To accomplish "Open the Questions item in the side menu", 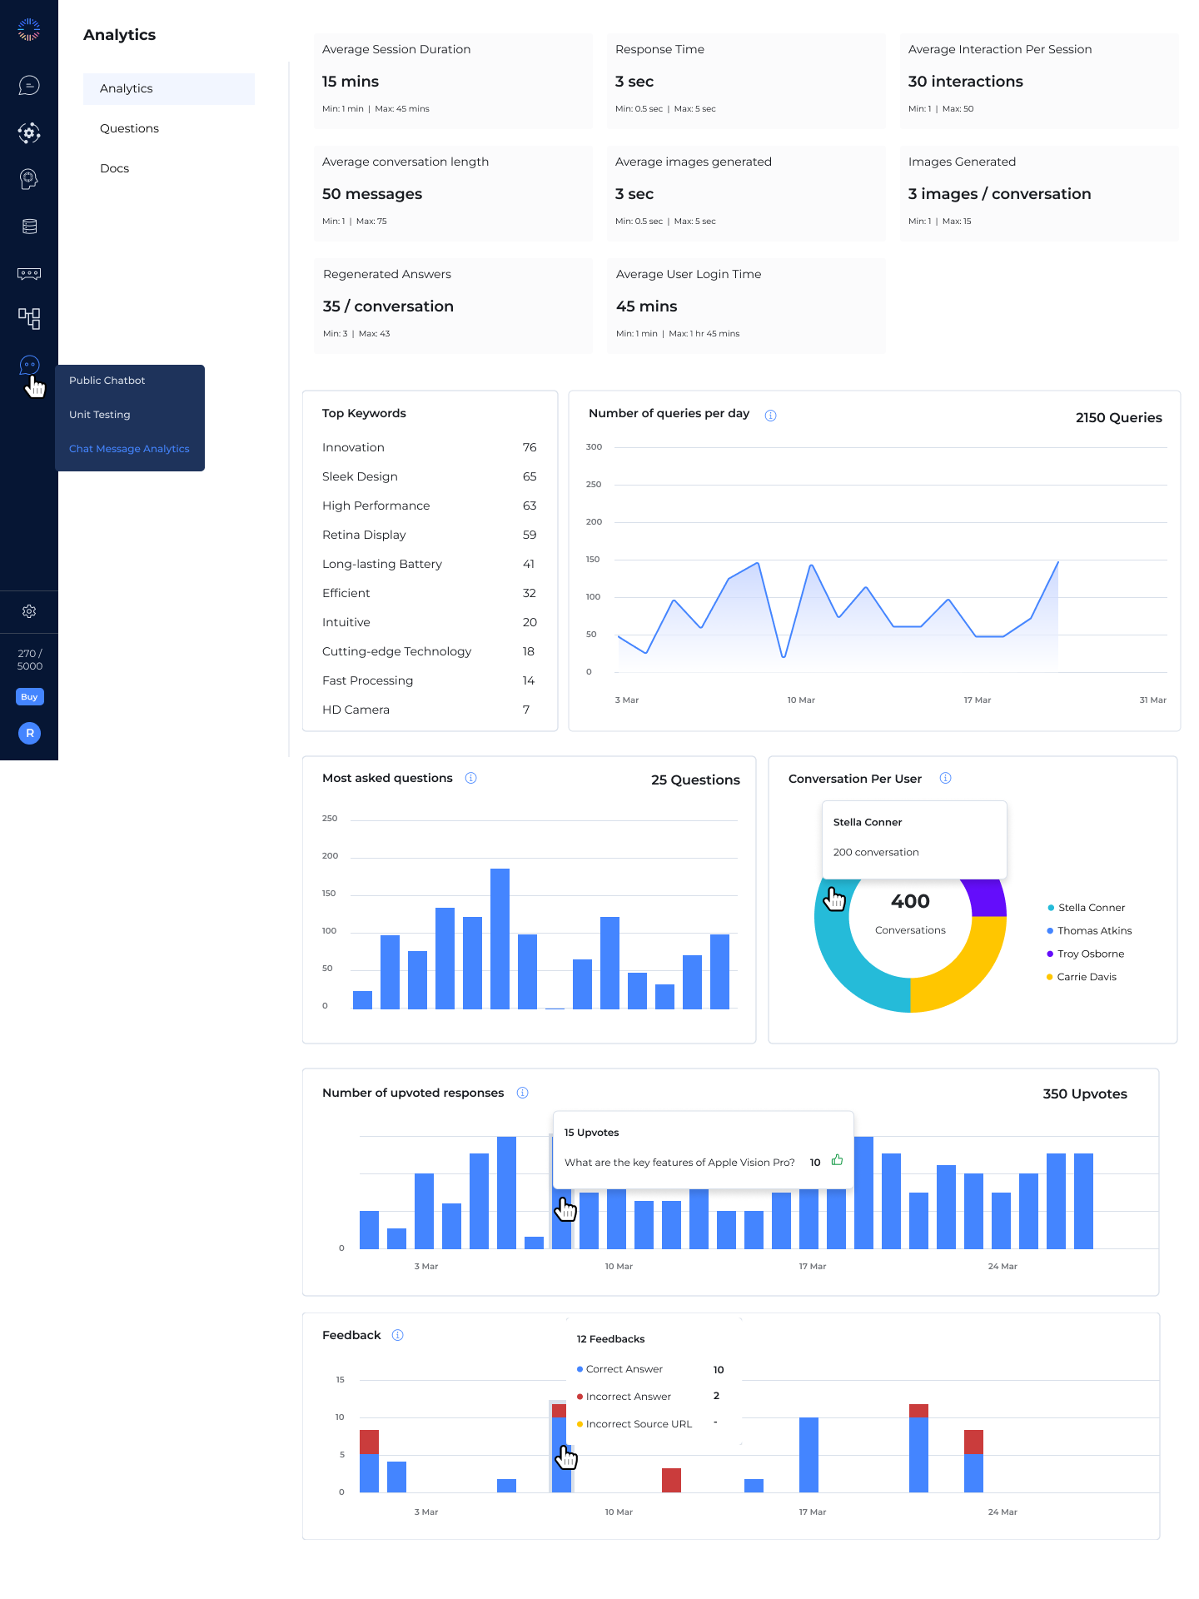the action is pos(129,128).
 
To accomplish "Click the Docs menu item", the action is pos(114,168).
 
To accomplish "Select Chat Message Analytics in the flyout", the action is pos(129,449).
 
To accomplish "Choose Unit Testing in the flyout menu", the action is pos(100,415).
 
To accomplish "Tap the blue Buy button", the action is pos(29,697).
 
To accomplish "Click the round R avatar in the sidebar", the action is pos(29,733).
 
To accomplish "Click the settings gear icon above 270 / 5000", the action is pos(29,611).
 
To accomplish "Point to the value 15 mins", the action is pos(351,82).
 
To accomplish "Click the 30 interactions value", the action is pos(966,82).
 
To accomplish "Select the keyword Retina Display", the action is pos(364,535).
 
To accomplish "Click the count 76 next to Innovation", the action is pos(530,447).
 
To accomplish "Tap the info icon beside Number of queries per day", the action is pos(771,416).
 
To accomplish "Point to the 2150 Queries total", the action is pos(1119,418).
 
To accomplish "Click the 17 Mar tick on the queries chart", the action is pos(978,700).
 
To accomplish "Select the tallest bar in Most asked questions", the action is pos(500,939).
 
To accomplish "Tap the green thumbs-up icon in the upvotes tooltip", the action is pos(838,1160).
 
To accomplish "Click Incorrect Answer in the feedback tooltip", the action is pos(629,1397).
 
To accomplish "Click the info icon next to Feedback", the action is pos(398,1335).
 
